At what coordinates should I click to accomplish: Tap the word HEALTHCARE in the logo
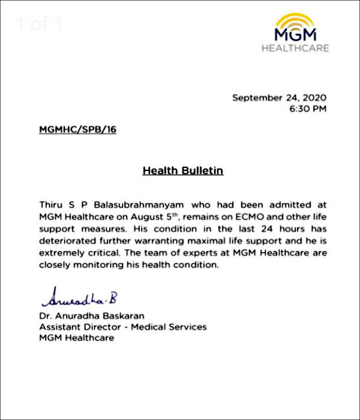[x=295, y=47]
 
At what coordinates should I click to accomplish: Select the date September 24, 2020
[x=280, y=98]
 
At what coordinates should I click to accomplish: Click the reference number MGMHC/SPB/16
[x=77, y=130]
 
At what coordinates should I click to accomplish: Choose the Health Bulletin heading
[x=182, y=171]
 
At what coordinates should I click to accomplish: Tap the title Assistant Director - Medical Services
[x=122, y=327]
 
